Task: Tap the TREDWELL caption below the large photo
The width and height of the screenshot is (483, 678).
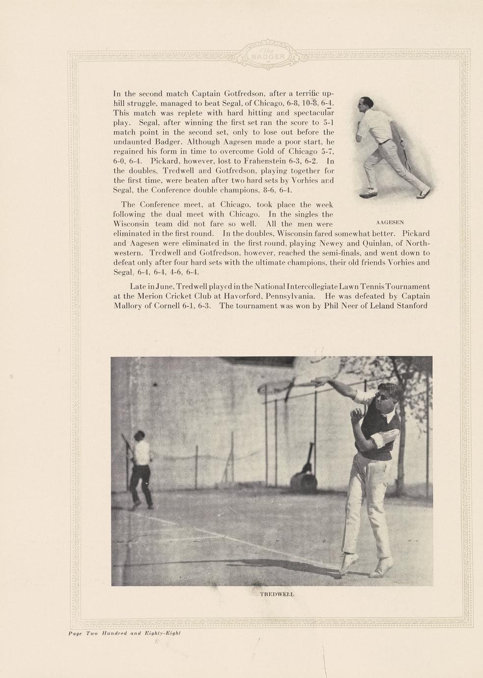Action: tap(277, 594)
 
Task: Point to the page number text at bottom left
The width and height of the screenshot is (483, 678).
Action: tap(124, 633)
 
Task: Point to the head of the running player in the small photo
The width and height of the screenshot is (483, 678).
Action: tap(367, 103)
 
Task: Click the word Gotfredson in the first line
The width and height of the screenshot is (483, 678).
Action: tap(245, 93)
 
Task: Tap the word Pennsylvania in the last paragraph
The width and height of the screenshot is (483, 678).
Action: tap(290, 296)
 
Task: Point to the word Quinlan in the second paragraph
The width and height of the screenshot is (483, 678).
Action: tap(361, 243)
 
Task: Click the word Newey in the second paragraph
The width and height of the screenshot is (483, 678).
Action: tap(333, 243)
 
